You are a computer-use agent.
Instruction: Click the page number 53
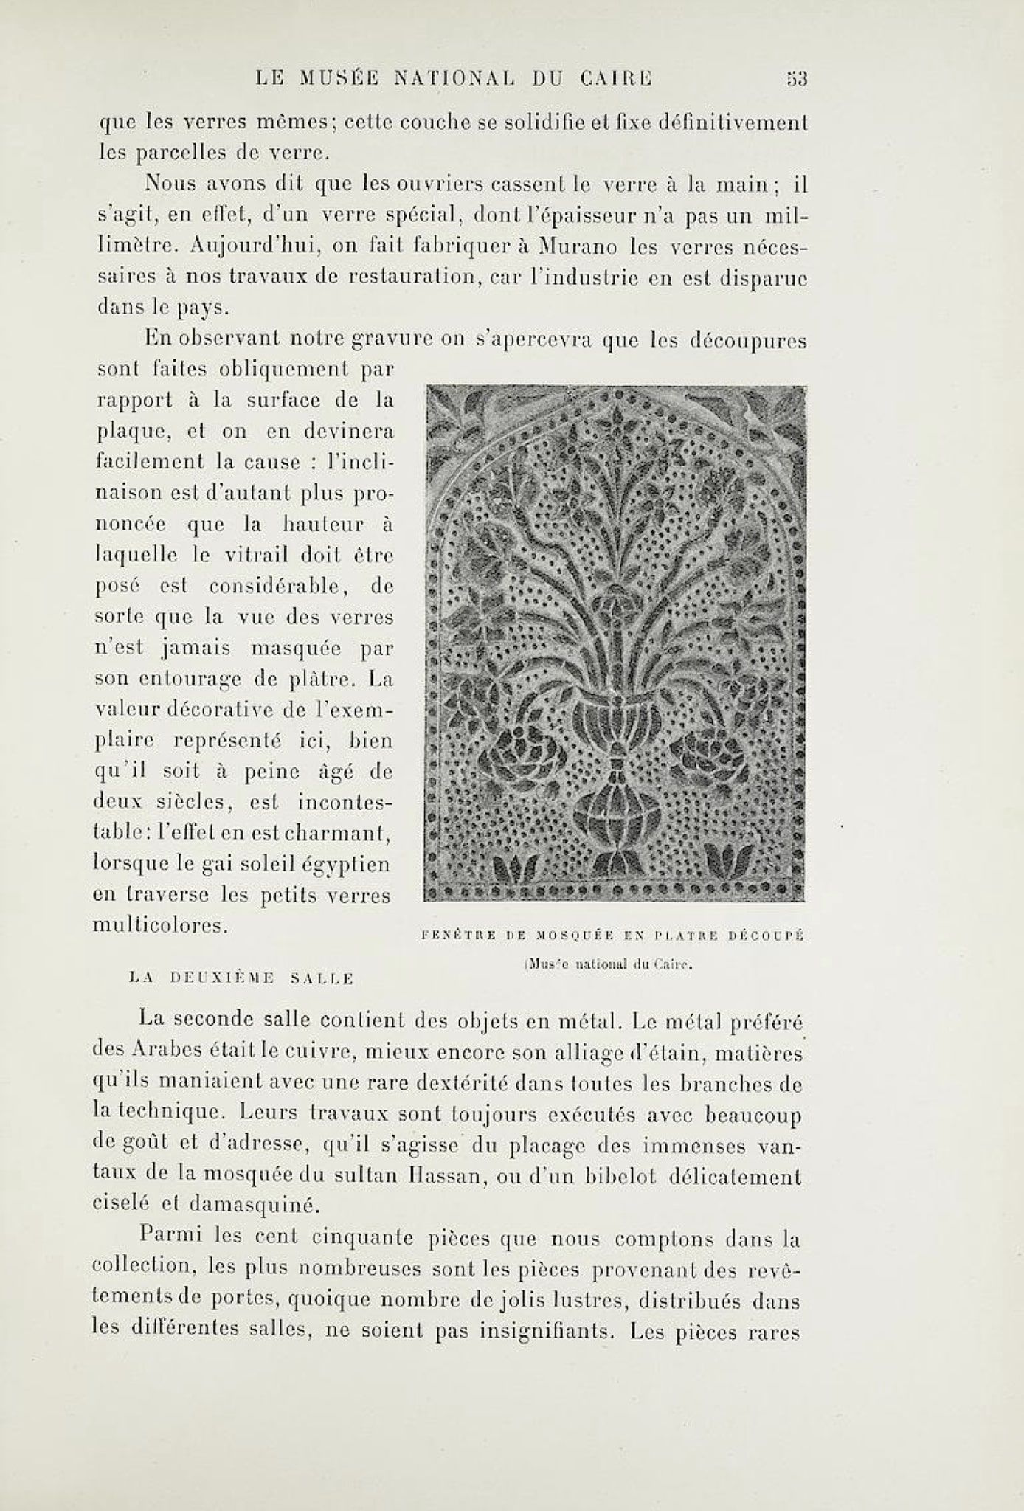click(x=797, y=78)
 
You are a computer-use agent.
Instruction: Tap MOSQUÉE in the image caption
click(x=575, y=936)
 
